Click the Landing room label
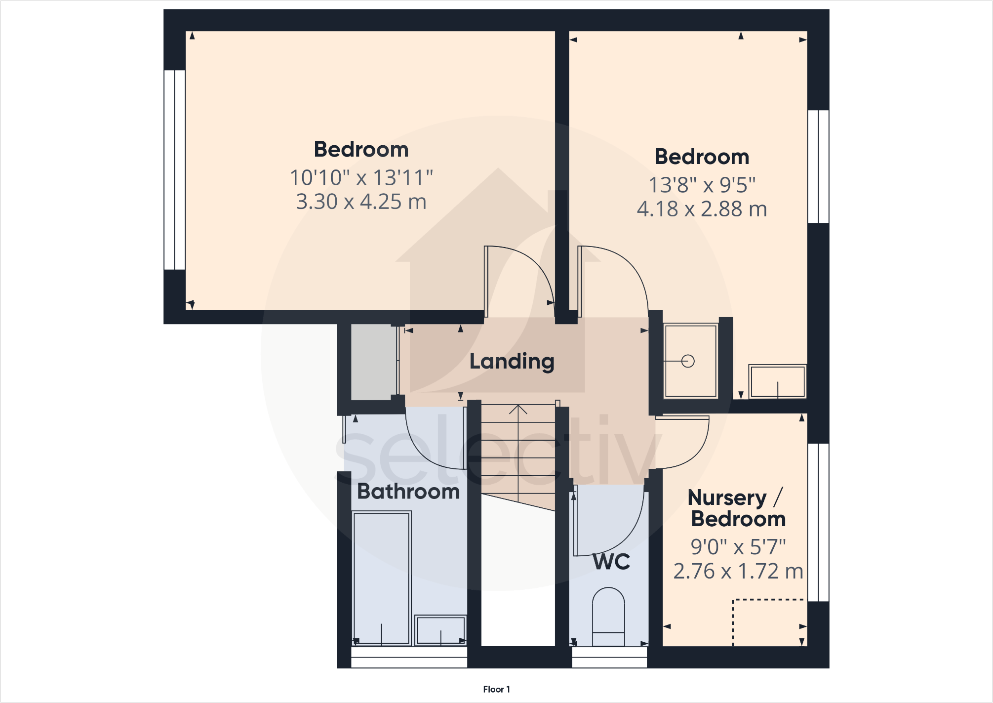pos(512,361)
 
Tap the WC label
pos(611,562)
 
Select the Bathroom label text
pos(408,492)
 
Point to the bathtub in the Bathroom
pos(382,578)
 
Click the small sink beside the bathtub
pos(440,630)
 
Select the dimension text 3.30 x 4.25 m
pos(361,202)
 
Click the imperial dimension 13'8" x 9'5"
pos(702,185)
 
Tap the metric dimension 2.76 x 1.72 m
pos(738,571)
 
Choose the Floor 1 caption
pos(496,689)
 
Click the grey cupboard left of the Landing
pos(373,362)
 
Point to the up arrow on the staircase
pos(518,410)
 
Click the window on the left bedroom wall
pos(174,170)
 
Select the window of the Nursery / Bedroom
pos(818,522)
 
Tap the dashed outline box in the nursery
pos(769,622)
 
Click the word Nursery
pos(727,497)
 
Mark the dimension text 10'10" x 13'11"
pos(361,178)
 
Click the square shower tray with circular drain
pos(690,361)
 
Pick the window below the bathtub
pos(409,658)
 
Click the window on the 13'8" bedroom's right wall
pos(818,166)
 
